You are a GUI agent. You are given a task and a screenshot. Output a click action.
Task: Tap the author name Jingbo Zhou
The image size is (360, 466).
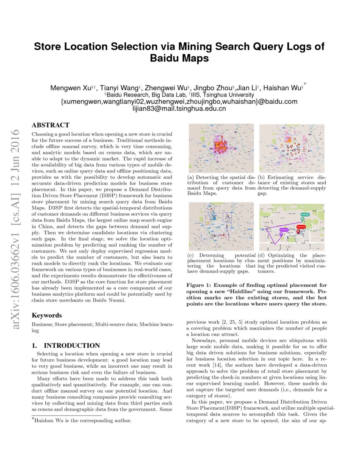[x=212, y=88]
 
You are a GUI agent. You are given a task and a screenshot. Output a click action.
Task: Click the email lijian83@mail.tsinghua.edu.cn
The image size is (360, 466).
[x=179, y=108]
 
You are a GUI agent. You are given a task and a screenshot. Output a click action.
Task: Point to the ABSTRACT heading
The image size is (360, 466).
[x=50, y=125]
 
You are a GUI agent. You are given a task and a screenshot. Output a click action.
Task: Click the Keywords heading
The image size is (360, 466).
[x=47, y=315]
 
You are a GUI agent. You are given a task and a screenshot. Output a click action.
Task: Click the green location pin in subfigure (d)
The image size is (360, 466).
[x=305, y=215]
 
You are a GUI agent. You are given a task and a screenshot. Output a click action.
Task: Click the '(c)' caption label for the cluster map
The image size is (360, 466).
[x=190, y=255]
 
